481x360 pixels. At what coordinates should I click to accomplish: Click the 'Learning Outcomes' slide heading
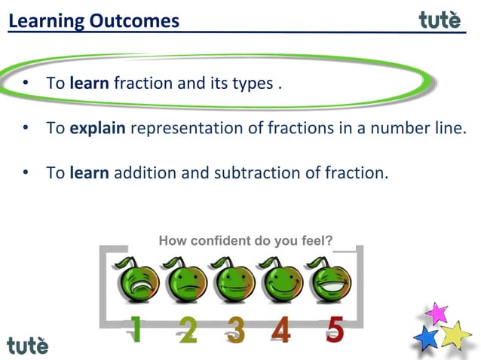click(x=94, y=20)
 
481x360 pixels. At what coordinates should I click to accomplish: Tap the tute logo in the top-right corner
click(x=439, y=20)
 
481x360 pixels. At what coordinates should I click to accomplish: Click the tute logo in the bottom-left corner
click(x=28, y=345)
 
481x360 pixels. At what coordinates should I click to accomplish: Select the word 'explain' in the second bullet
click(x=97, y=128)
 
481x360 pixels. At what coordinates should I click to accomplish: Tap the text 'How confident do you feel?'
click(x=246, y=241)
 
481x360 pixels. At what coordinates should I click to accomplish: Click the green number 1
click(x=136, y=329)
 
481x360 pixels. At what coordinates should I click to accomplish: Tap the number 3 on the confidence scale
click(x=235, y=330)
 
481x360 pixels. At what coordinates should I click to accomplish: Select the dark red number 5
click(x=335, y=329)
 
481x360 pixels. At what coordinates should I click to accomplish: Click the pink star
click(x=437, y=313)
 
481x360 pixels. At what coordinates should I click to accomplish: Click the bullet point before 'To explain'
click(x=25, y=128)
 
